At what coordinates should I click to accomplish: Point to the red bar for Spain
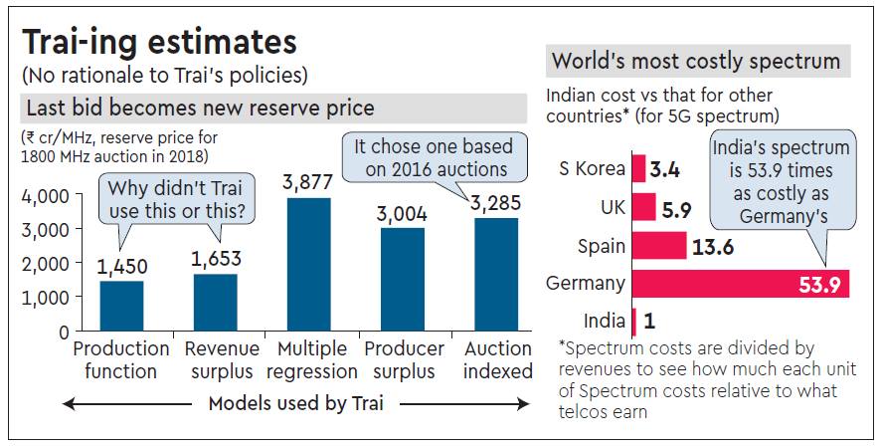(659, 246)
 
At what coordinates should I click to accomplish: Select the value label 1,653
(215, 259)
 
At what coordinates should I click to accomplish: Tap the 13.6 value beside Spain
(712, 246)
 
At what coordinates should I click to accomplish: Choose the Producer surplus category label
(405, 360)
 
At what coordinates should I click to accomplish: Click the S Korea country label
(591, 167)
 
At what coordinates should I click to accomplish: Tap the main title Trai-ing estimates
(159, 43)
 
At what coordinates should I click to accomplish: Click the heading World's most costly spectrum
(696, 62)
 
